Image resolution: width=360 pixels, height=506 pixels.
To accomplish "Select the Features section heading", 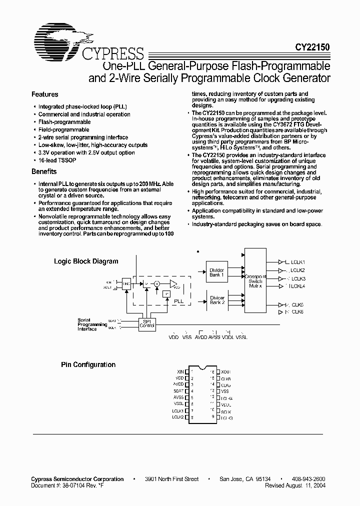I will pyautogui.click(x=44, y=94).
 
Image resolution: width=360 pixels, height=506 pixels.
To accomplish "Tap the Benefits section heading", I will pyautogui.click(x=44, y=171).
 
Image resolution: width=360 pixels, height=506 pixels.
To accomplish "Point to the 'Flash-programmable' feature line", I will pyautogui.click(x=64, y=122).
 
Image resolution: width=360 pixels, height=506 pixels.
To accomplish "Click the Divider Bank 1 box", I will pyautogui.click(x=217, y=272).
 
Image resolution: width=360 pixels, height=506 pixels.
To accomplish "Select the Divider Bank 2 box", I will pyautogui.click(x=217, y=300).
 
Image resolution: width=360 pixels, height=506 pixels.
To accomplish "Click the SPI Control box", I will pyautogui.click(x=147, y=323).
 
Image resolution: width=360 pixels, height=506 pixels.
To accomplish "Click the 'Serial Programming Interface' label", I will pyautogui.click(x=92, y=324).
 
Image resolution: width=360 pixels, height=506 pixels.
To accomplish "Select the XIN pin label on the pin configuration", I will pyautogui.click(x=180, y=371).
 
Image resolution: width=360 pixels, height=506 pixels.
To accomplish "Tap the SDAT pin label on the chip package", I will pyautogui.click(x=179, y=391).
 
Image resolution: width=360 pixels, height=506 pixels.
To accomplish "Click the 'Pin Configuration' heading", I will pyautogui.click(x=88, y=365).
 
